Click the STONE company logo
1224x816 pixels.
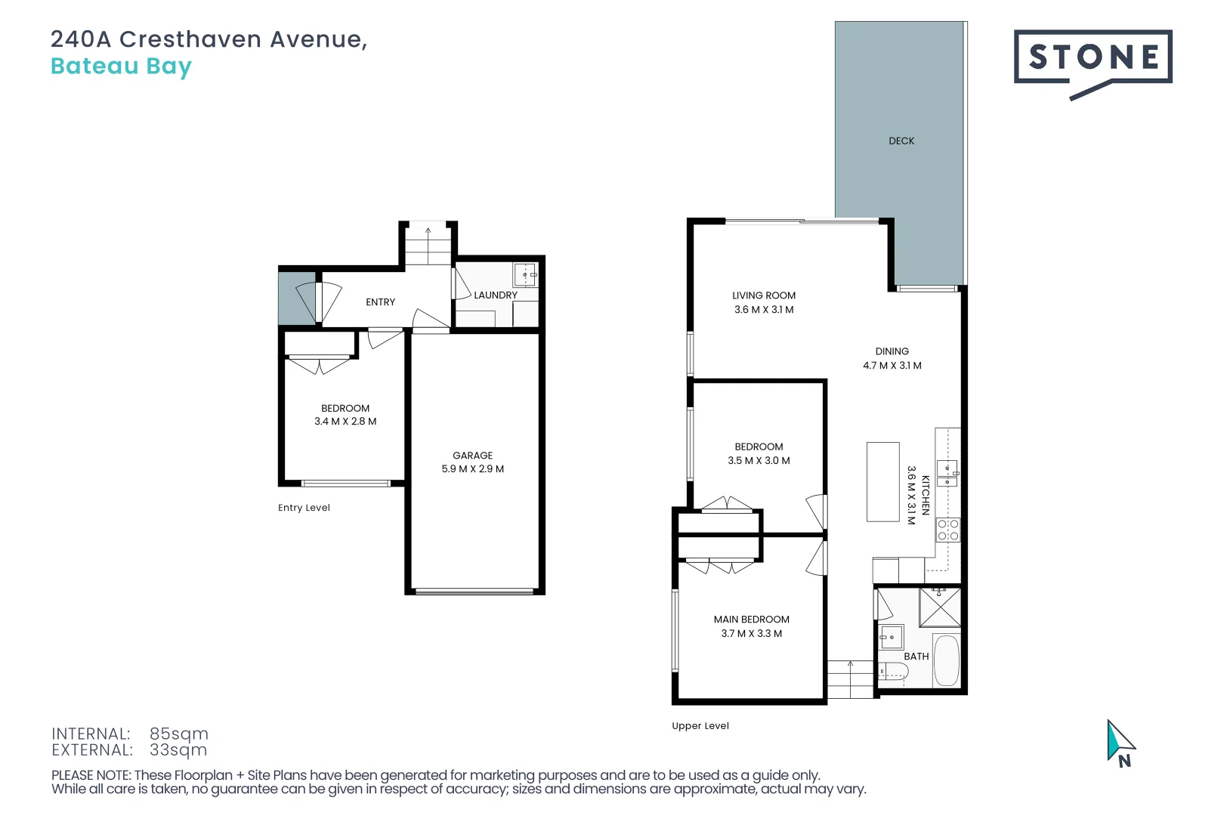click(1092, 58)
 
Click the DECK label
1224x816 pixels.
click(901, 141)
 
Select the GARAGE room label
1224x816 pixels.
click(472, 456)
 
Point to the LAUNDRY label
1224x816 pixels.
click(495, 295)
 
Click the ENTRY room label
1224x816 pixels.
click(380, 302)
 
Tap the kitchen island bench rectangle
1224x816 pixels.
click(882, 481)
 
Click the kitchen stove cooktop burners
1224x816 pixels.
click(947, 530)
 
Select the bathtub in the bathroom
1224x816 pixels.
click(946, 660)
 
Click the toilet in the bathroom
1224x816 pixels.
click(892, 672)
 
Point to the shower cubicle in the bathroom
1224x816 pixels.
click(940, 607)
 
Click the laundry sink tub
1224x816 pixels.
click(525, 274)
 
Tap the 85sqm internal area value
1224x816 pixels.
click(178, 734)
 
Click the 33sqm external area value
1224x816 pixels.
click(178, 750)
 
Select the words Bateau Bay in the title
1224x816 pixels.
click(121, 66)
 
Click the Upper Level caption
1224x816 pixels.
click(700, 726)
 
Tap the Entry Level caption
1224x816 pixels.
click(304, 508)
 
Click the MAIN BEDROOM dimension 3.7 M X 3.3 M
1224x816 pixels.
click(751, 634)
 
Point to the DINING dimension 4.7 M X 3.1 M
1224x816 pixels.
click(892, 366)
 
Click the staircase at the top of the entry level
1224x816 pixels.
click(428, 245)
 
